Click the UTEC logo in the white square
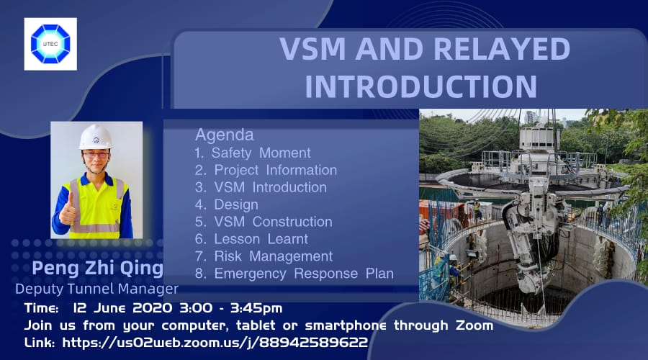click(x=50, y=44)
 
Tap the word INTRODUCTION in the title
click(x=420, y=86)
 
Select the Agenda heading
click(x=225, y=135)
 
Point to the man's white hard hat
click(x=96, y=138)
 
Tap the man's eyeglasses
click(x=96, y=156)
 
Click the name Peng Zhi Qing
click(x=97, y=269)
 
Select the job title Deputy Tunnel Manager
click(x=96, y=289)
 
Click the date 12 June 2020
click(x=122, y=308)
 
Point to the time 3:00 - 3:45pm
click(x=231, y=308)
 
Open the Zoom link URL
click(x=215, y=342)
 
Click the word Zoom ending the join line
click(x=474, y=325)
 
